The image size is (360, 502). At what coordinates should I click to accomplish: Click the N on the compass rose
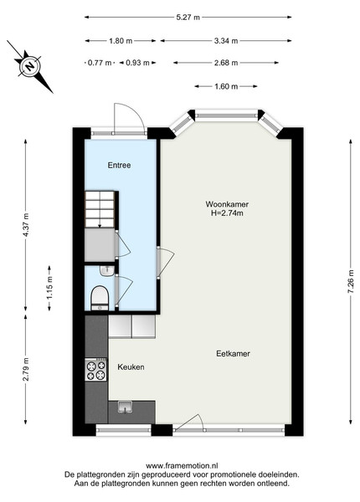coord(30,67)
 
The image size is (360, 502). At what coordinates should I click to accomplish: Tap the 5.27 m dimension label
coord(188,18)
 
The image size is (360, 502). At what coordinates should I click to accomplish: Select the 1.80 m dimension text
coord(121,41)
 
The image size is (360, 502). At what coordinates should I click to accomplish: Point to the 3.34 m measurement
coord(226,41)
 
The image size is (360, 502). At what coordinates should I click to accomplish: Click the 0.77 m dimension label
coord(100,63)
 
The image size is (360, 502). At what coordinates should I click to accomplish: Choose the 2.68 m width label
coord(226,63)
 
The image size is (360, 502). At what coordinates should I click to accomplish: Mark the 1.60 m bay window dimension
coord(226,86)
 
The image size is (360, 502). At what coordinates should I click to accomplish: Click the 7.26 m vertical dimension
coord(351,282)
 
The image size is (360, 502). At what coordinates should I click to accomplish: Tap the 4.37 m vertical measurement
coord(26,225)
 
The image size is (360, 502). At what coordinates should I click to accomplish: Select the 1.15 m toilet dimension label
coord(49,288)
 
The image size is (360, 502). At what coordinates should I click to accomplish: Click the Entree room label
coord(119,165)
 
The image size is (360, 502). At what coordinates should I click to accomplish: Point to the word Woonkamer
coord(227,204)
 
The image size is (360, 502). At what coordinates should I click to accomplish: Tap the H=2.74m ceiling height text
coord(227,213)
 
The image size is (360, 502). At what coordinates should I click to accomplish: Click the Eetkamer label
coord(233,354)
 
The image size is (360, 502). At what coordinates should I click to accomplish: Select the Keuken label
coord(131,367)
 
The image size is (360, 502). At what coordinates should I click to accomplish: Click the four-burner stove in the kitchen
coord(95,370)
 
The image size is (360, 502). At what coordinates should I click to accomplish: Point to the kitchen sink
coord(125,407)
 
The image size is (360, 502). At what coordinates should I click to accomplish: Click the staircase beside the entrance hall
coord(100,209)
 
